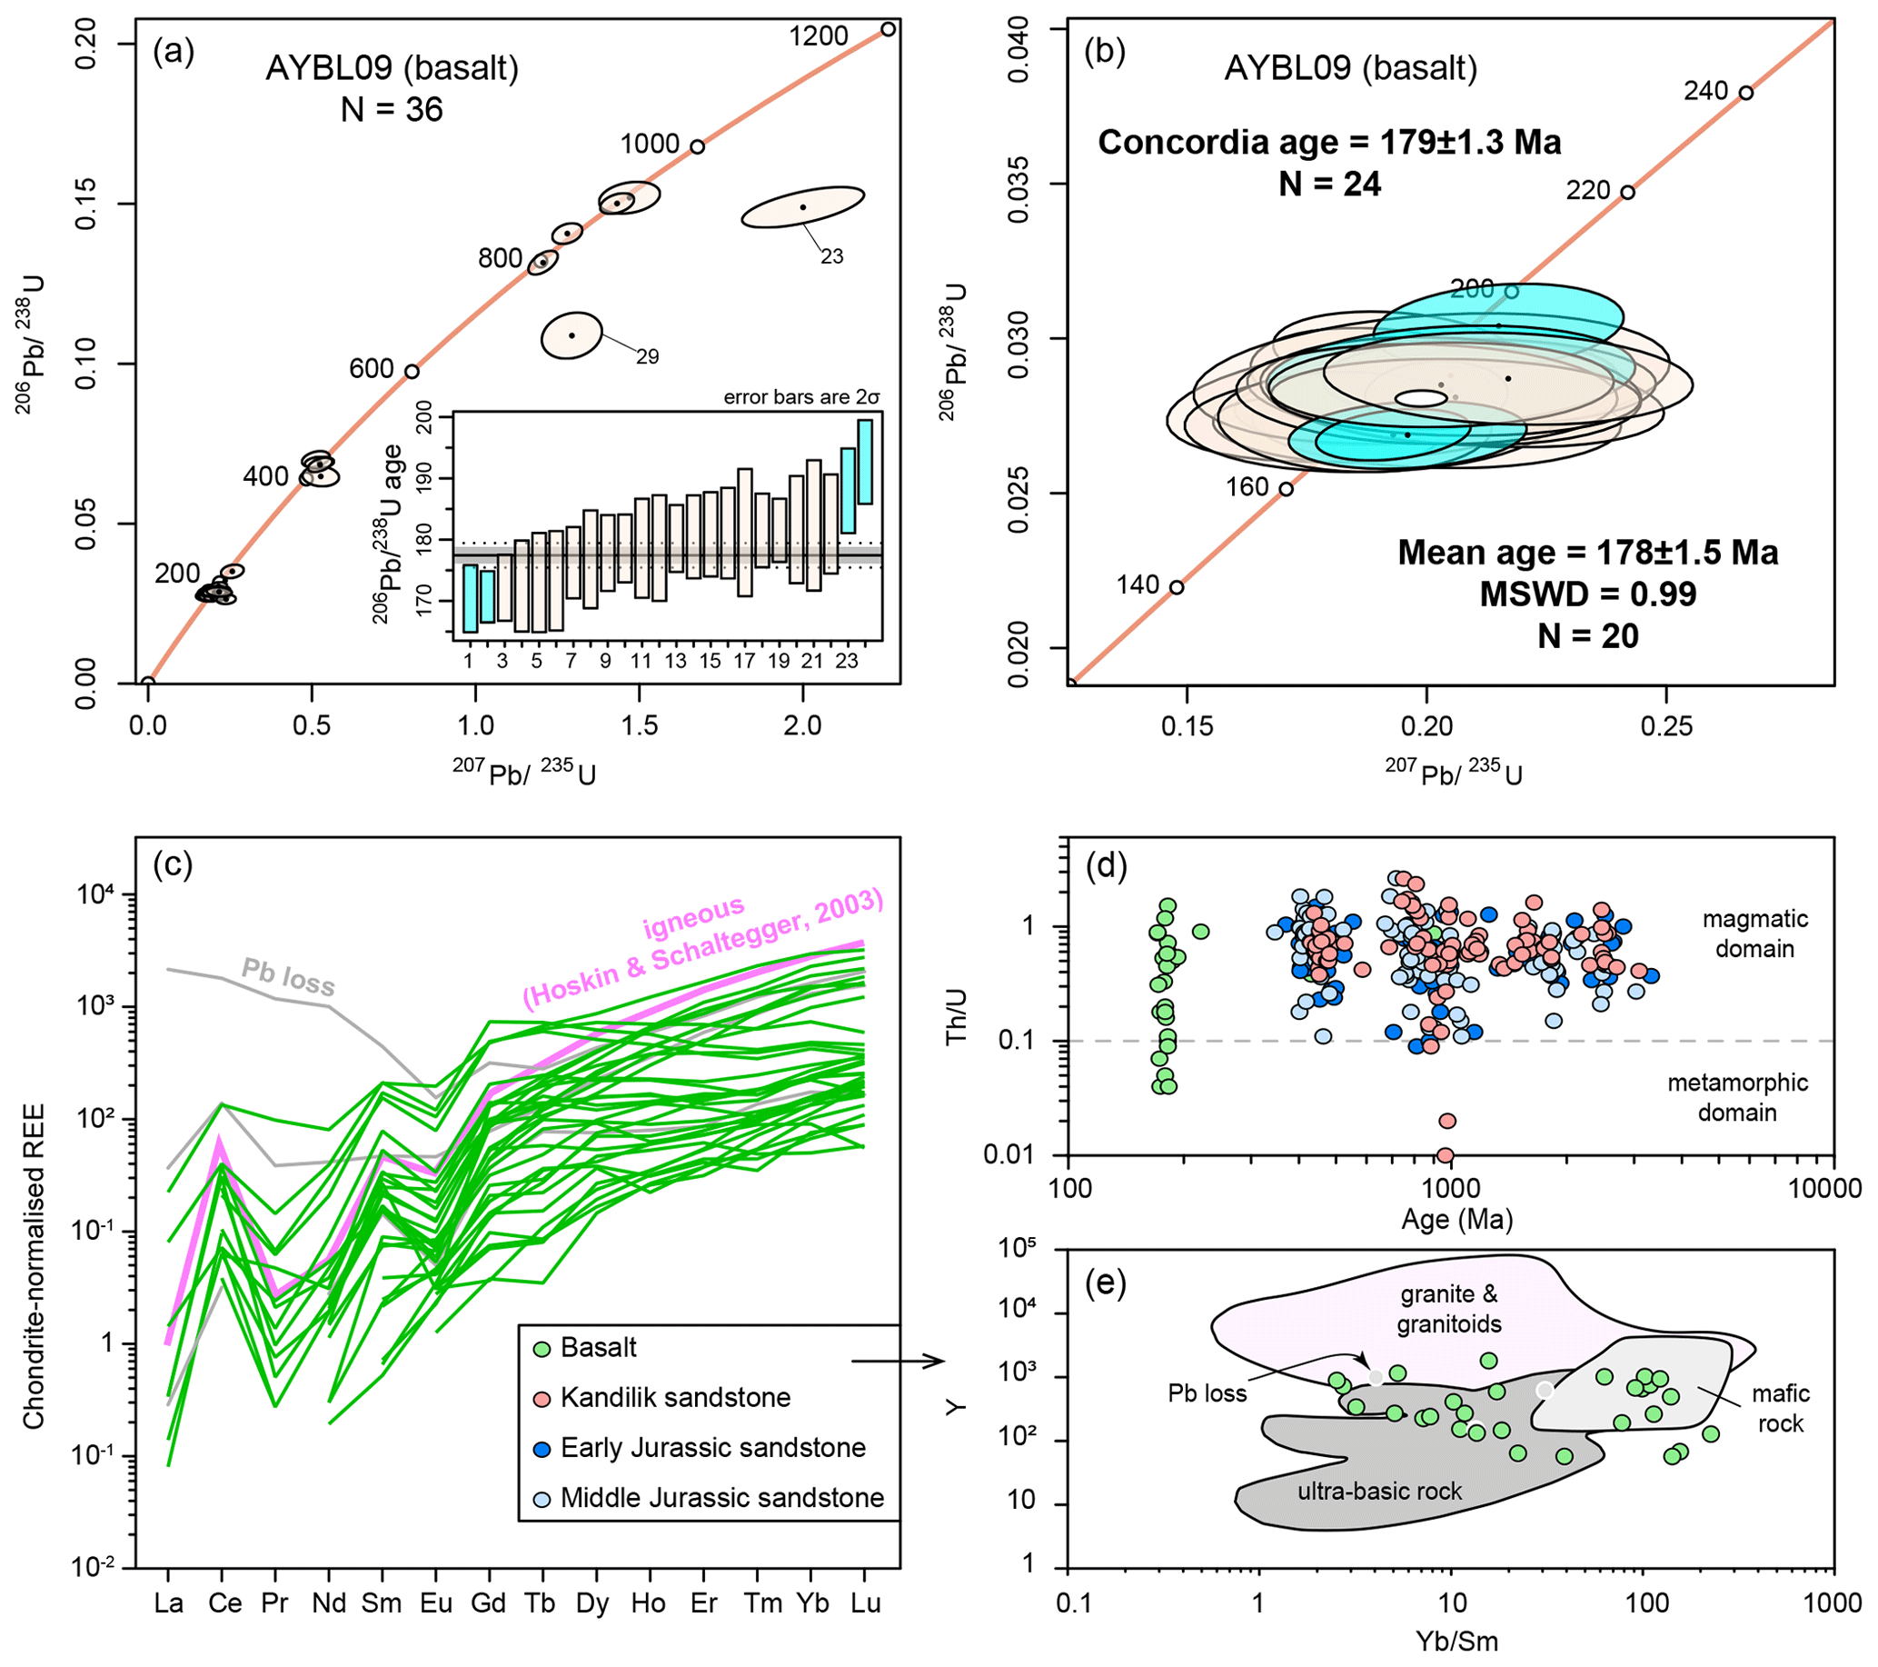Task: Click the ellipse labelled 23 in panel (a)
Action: point(803,206)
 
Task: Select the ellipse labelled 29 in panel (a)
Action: point(571,334)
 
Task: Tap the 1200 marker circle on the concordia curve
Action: point(888,29)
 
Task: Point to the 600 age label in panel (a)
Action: point(372,369)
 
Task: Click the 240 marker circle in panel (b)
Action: point(1745,93)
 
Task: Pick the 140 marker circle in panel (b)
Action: point(1176,587)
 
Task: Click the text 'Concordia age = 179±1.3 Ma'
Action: point(1329,143)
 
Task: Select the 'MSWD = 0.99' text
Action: point(1587,594)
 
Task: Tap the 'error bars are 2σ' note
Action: point(801,397)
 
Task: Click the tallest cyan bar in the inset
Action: point(865,462)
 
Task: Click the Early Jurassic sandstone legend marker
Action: point(543,1448)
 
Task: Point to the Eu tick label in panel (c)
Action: point(435,1602)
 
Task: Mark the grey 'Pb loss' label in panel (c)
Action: point(288,976)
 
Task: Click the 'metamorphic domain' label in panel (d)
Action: point(1736,1097)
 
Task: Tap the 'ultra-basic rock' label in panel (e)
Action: point(1378,1491)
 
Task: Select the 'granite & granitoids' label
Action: point(1449,1309)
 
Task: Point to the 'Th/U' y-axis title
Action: point(957,1016)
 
